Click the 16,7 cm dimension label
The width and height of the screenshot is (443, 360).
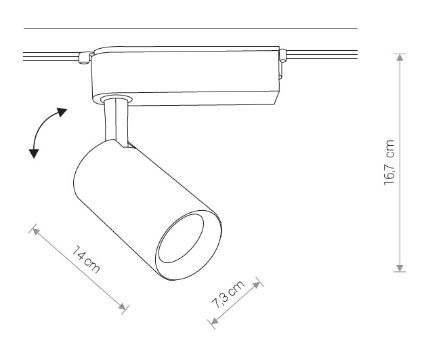click(x=389, y=163)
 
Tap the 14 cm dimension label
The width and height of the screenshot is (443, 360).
click(x=86, y=260)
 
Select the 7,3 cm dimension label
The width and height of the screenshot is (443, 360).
click(x=228, y=294)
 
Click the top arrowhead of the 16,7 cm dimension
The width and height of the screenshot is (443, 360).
click(x=400, y=58)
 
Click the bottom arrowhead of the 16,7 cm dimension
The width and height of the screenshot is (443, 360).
click(x=400, y=268)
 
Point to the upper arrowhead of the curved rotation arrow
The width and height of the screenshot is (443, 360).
click(x=62, y=112)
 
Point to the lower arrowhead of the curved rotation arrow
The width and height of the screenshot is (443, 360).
click(x=34, y=153)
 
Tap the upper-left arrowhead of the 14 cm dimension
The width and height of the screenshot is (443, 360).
click(x=35, y=231)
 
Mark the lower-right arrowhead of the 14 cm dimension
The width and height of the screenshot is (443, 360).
click(x=123, y=306)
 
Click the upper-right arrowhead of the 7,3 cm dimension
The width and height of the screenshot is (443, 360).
click(x=257, y=285)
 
